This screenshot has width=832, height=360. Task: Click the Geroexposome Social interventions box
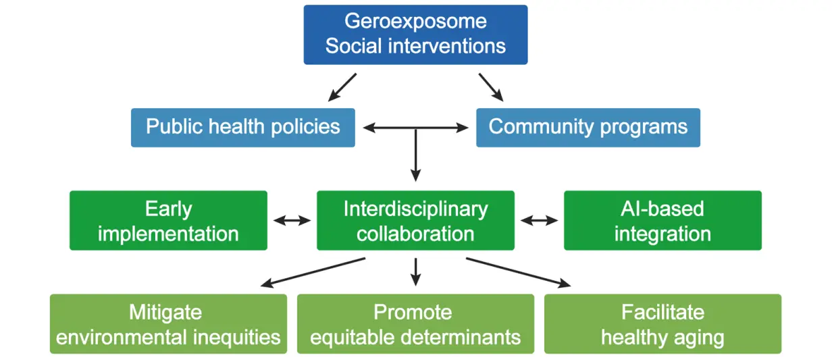[415, 34]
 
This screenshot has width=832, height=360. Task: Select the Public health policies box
[242, 127]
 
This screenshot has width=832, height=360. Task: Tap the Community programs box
[588, 127]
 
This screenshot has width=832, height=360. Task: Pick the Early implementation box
[168, 221]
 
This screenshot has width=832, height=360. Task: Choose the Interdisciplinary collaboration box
[415, 221]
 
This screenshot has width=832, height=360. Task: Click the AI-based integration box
[662, 221]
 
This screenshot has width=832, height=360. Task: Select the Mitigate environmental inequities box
[168, 324]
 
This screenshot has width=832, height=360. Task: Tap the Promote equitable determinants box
[415, 324]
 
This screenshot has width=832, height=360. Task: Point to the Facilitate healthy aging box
[662, 324]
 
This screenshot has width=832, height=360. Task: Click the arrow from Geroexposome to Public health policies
[342, 87]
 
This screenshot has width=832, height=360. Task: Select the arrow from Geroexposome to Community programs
[492, 87]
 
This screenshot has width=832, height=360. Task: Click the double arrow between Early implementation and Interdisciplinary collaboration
[292, 220]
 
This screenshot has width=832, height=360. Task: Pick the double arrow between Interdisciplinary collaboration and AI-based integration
[539, 220]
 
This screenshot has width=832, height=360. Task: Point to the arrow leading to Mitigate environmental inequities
[313, 272]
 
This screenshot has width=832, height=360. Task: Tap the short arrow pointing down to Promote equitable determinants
[415, 271]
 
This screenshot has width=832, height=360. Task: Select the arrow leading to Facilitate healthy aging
[518, 272]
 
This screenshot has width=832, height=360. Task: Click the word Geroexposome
[415, 21]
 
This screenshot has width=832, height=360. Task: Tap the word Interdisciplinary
[415, 209]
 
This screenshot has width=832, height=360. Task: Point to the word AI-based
[662, 209]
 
